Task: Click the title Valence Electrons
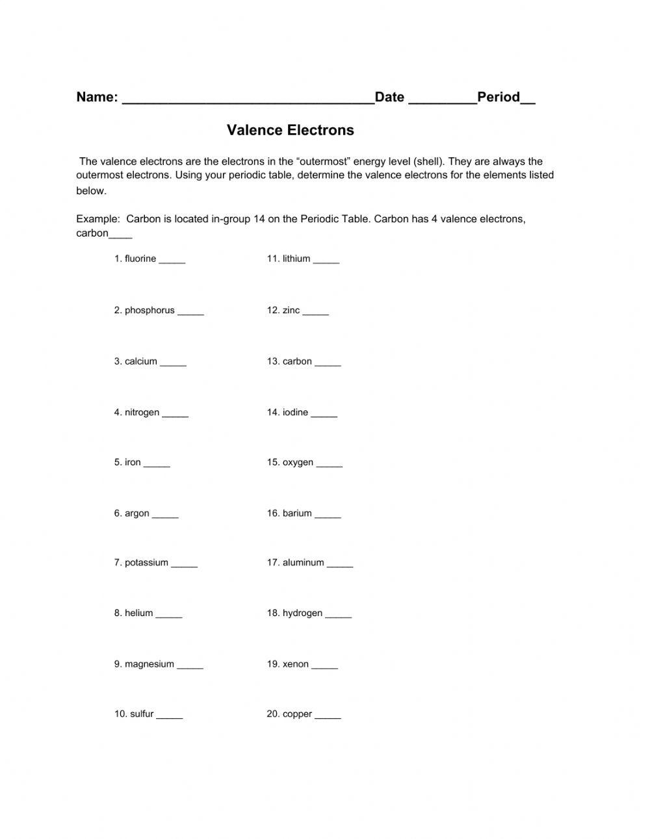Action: pos(291,130)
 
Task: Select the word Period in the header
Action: pos(499,97)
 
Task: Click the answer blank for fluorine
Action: pos(172,261)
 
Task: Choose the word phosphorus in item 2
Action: pos(149,311)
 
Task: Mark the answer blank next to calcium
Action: pos(173,364)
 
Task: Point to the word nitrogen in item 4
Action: pos(142,413)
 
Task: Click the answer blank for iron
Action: pos(157,465)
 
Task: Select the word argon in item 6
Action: pos(137,513)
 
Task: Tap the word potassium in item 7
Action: pos(146,563)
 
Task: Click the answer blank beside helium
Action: pos(169,616)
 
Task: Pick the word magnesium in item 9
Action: pos(149,664)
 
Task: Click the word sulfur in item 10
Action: pos(142,714)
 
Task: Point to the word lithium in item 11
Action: pos(296,259)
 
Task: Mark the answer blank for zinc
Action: pos(316,313)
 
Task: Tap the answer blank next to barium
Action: pos(328,516)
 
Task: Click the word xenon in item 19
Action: pos(296,664)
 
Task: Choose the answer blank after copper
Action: pos(328,717)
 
